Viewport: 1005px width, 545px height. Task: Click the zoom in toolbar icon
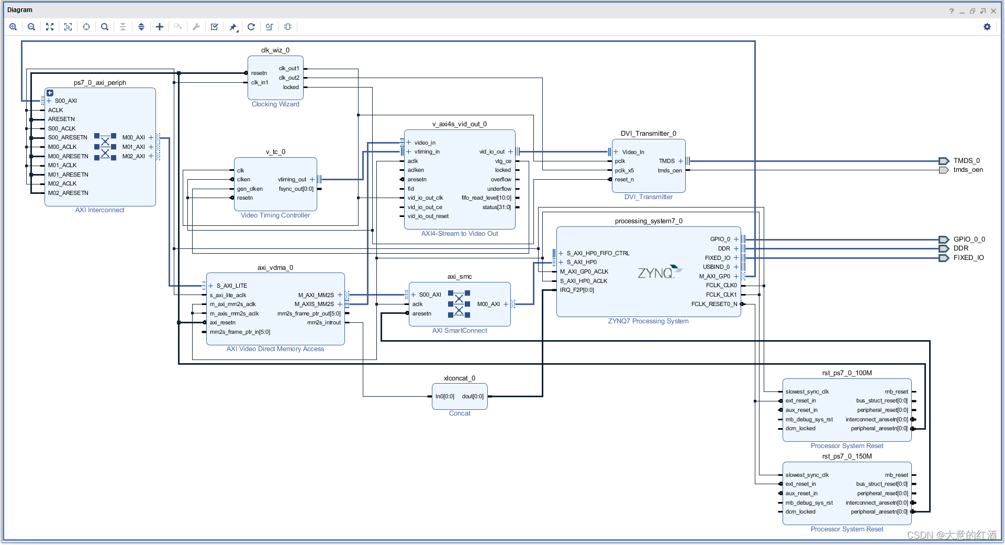(x=13, y=27)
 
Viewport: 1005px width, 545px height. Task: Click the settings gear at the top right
(x=987, y=27)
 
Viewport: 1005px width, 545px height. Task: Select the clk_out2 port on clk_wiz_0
(x=289, y=78)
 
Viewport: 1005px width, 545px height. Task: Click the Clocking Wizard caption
(x=275, y=104)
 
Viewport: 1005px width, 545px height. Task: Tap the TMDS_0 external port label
(x=966, y=161)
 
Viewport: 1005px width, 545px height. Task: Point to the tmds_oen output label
(x=967, y=170)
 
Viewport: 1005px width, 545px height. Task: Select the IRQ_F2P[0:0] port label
(x=577, y=290)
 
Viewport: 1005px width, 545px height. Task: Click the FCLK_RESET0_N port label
(x=714, y=304)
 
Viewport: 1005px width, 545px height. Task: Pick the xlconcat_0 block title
(x=459, y=378)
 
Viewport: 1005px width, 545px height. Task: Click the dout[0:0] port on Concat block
(x=473, y=396)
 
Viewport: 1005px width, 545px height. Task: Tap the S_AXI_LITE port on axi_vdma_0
(x=231, y=286)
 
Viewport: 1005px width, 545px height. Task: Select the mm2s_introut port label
(x=323, y=323)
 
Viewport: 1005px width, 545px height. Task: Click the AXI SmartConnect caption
(x=459, y=331)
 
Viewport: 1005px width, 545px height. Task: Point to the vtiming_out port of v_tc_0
(x=292, y=179)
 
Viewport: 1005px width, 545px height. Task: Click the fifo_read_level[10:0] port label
(x=486, y=198)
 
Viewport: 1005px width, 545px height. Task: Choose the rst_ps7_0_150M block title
(x=846, y=456)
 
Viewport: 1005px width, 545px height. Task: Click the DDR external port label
(x=961, y=248)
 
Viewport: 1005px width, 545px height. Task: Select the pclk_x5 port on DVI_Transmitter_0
(x=624, y=170)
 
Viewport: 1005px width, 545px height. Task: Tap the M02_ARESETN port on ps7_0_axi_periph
(x=68, y=193)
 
